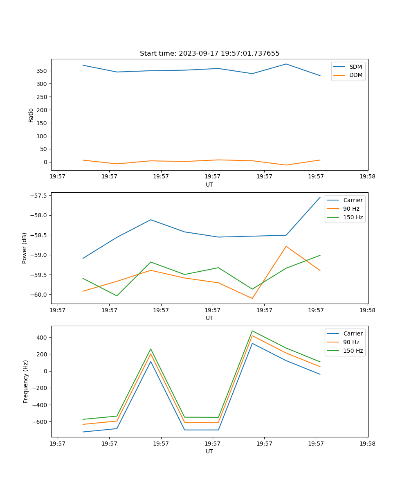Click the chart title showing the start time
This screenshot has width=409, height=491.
(x=209, y=54)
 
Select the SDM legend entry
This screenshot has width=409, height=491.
(x=355, y=67)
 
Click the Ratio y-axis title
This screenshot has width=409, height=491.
(x=31, y=115)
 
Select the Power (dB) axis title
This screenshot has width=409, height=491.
(x=25, y=248)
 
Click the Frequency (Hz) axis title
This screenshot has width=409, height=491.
(x=25, y=381)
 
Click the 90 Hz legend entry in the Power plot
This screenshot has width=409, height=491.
(x=351, y=209)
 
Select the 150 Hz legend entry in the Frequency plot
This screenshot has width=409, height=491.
(x=353, y=351)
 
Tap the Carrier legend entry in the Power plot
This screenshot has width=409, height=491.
(x=353, y=200)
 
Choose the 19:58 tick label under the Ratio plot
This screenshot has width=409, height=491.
(x=368, y=177)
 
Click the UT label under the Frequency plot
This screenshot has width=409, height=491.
(x=209, y=451)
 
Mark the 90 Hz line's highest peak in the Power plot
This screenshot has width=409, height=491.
(x=286, y=246)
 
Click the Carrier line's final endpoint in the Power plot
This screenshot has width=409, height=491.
(x=320, y=197)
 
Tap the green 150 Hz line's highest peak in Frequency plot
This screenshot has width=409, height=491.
(x=252, y=331)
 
